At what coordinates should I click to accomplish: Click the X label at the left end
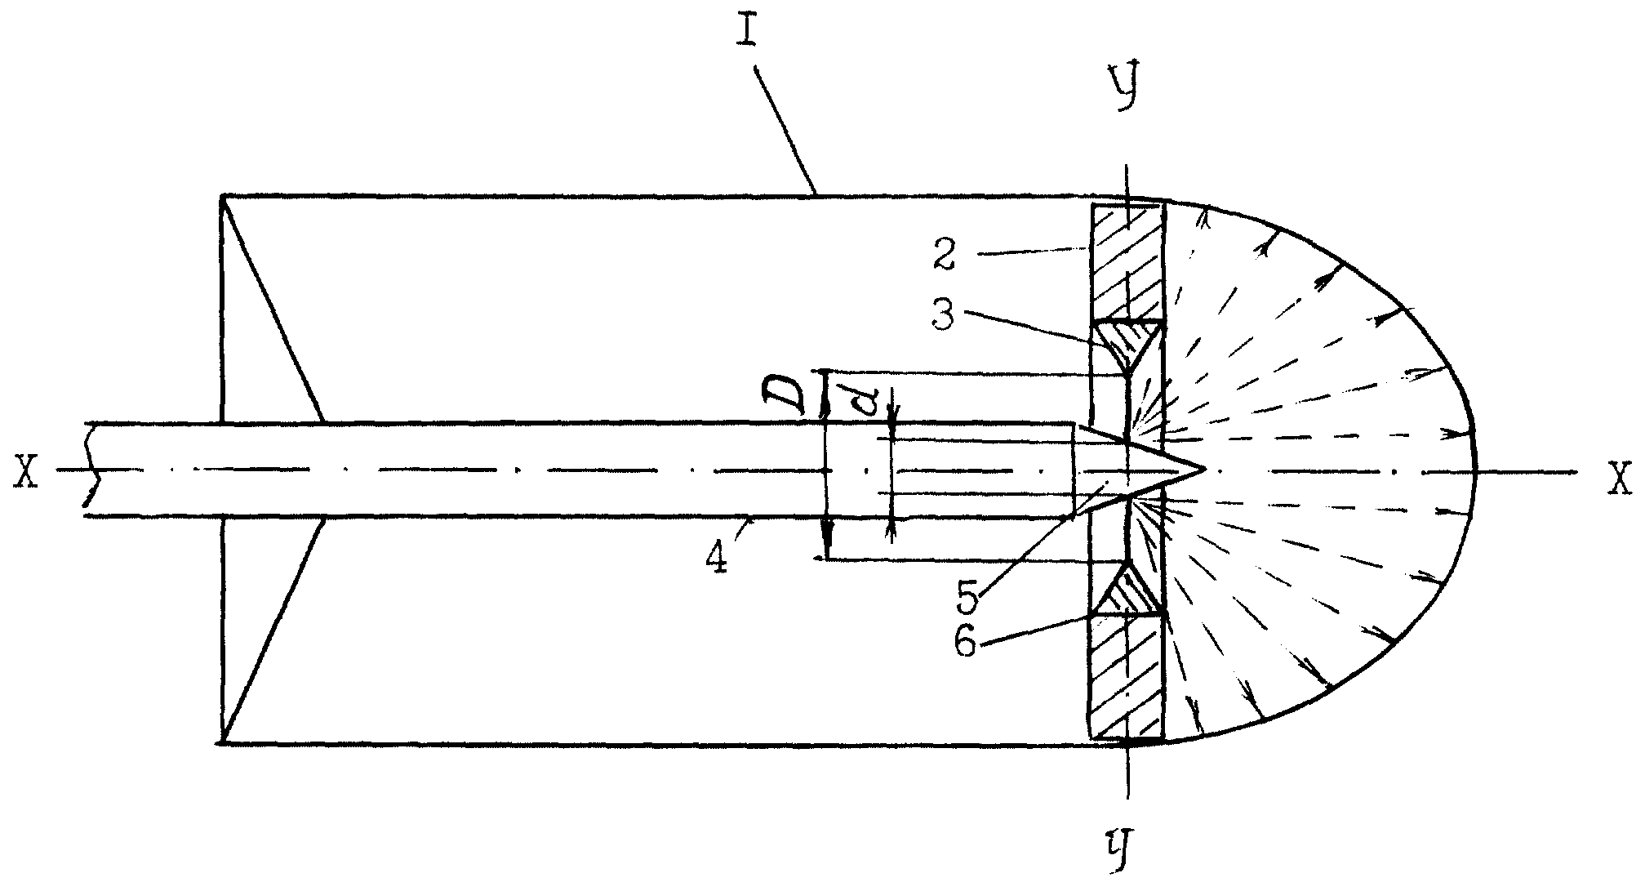coord(27,472)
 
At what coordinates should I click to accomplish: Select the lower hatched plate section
coord(1127,677)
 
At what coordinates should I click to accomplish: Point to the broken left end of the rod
coord(91,470)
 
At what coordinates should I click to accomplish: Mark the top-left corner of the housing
coord(222,196)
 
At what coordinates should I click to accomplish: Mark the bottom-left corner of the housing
coord(222,742)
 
